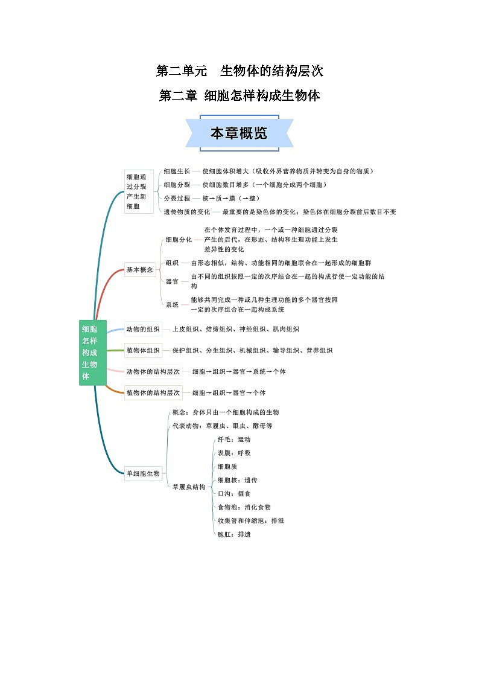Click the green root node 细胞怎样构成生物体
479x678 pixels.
pyautogui.click(x=92, y=353)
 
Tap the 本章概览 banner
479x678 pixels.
pyautogui.click(x=239, y=133)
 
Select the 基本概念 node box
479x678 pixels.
pyautogui.click(x=139, y=270)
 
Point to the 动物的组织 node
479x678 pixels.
pyautogui.click(x=143, y=329)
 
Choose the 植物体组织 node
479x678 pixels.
pyautogui.click(x=143, y=350)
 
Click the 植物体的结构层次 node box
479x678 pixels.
pyautogui.click(x=153, y=392)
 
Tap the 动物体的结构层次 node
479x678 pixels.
pyautogui.click(x=153, y=371)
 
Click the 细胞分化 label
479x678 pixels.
pyautogui.click(x=179, y=239)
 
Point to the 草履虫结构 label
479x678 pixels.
pyautogui.click(x=189, y=487)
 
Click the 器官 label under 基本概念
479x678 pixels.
pyautogui.click(x=172, y=281)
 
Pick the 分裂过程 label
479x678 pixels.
pyautogui.click(x=177, y=198)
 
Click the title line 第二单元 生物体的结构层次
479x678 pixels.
pyautogui.click(x=239, y=71)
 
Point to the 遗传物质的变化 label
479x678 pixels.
pyautogui.click(x=187, y=212)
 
